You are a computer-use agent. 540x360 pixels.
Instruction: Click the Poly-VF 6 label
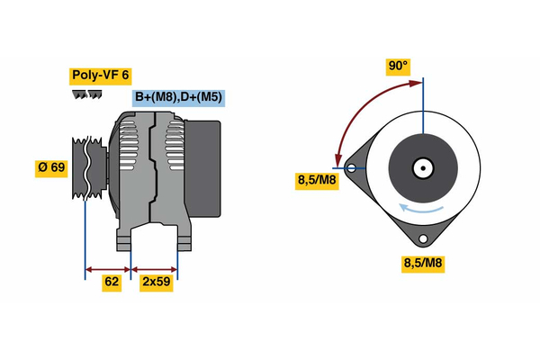pyautogui.click(x=99, y=76)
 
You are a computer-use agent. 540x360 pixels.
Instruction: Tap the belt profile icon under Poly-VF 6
pyautogui.click(x=83, y=94)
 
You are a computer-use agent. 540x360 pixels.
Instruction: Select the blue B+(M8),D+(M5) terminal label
pyautogui.click(x=178, y=97)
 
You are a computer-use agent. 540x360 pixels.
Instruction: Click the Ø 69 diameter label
pyautogui.click(x=51, y=168)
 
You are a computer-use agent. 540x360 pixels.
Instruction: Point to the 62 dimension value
pyautogui.click(x=110, y=283)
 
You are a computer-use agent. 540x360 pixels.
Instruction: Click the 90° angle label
pyautogui.click(x=398, y=66)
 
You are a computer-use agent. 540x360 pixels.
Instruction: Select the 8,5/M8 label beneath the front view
pyautogui.click(x=421, y=264)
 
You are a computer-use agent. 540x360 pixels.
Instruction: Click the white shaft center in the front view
pyautogui.click(x=422, y=167)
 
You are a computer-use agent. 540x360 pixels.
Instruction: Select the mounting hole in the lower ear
pyautogui.click(x=422, y=238)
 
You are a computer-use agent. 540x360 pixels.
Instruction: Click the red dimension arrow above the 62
pyautogui.click(x=108, y=267)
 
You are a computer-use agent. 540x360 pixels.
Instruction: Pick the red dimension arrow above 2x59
pyautogui.click(x=155, y=267)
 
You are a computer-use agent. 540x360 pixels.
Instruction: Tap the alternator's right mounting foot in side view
pyautogui.click(x=183, y=239)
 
